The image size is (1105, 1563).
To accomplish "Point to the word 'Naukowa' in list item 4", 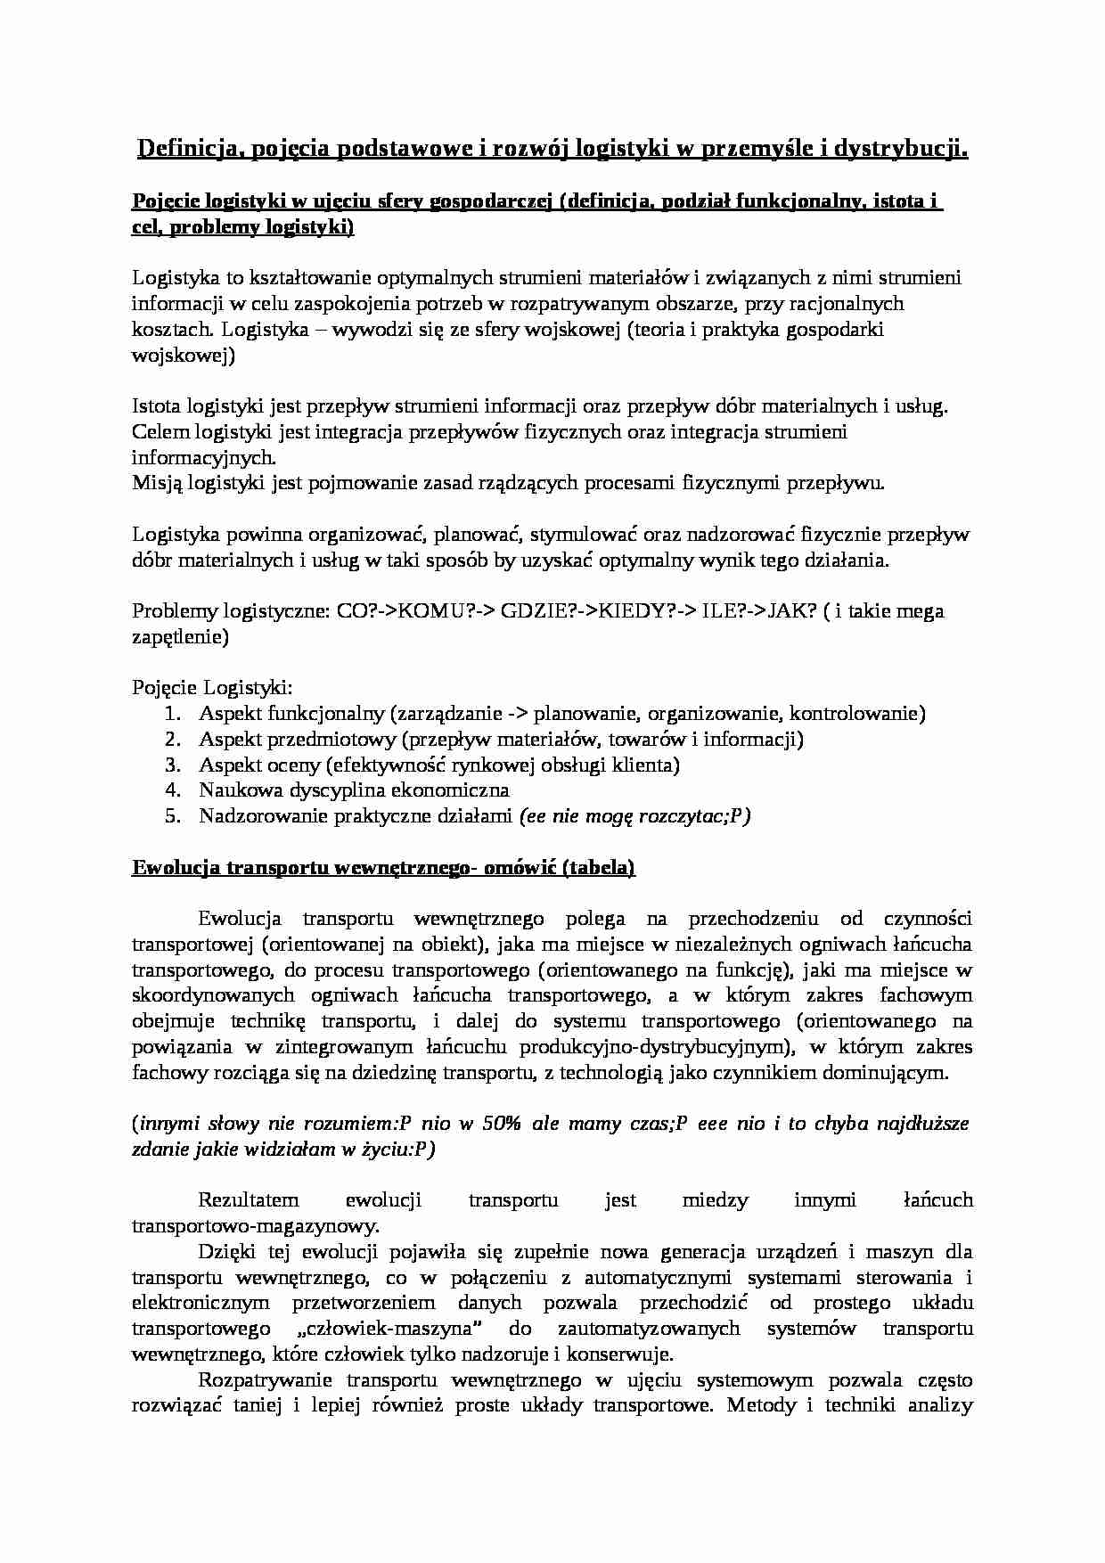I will point(235,790).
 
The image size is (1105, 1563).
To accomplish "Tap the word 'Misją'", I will point(156,484).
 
